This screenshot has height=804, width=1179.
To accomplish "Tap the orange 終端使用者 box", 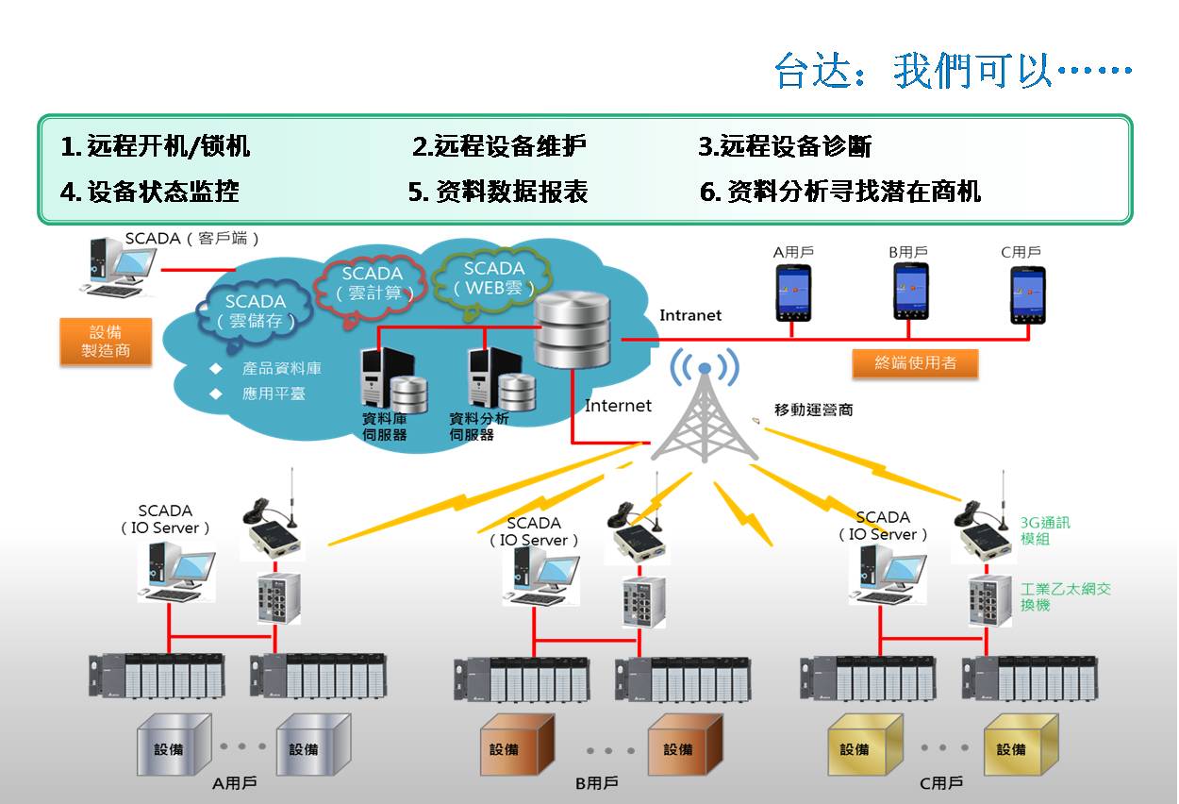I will (x=914, y=362).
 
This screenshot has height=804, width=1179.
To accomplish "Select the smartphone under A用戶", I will (x=793, y=293).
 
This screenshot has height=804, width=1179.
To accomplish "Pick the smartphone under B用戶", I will (x=910, y=292).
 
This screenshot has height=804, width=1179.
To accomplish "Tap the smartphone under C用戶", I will (x=1027, y=294).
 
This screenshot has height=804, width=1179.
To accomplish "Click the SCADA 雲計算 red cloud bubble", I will (x=372, y=283).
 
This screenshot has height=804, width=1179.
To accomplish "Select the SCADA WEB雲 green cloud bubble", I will (x=492, y=277).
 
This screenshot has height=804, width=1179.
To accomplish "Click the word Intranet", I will (x=690, y=315).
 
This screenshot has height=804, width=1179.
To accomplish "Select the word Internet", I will (x=618, y=406).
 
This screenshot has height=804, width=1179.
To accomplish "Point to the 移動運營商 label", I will (x=813, y=410).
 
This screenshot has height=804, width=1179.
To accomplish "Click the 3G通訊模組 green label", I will (x=1045, y=530).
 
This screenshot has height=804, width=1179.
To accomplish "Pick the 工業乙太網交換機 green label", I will (x=1065, y=596).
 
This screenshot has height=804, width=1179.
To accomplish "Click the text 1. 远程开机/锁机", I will (x=156, y=146).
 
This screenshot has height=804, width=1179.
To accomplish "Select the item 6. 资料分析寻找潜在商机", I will (x=840, y=192).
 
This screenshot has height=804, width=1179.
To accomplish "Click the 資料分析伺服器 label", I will (x=478, y=427).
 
